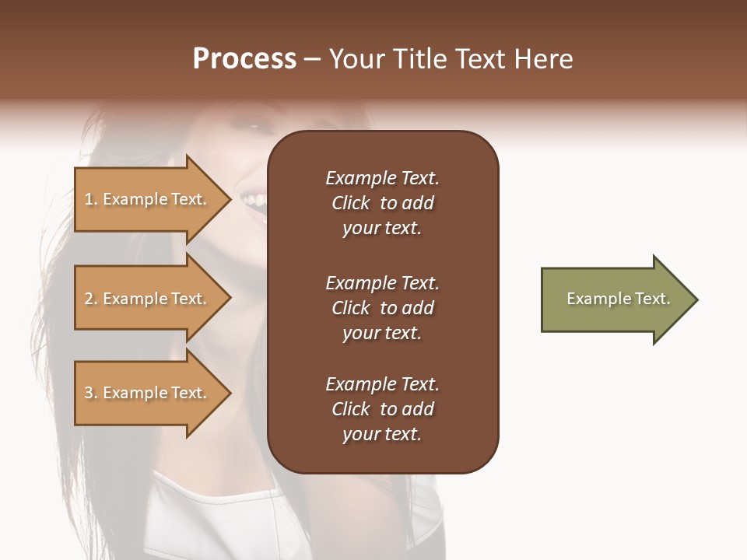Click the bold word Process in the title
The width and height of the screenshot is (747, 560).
[244, 59]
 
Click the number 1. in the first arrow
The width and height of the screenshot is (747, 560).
[91, 199]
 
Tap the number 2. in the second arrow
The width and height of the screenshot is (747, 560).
[91, 299]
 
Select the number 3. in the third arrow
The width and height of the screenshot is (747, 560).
[91, 393]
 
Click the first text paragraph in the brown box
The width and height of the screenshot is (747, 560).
[382, 203]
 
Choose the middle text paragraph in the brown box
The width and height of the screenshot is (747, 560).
[382, 308]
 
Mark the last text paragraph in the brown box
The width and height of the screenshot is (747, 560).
[382, 409]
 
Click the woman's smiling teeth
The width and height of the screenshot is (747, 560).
[253, 201]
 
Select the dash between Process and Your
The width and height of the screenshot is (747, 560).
[312, 60]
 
